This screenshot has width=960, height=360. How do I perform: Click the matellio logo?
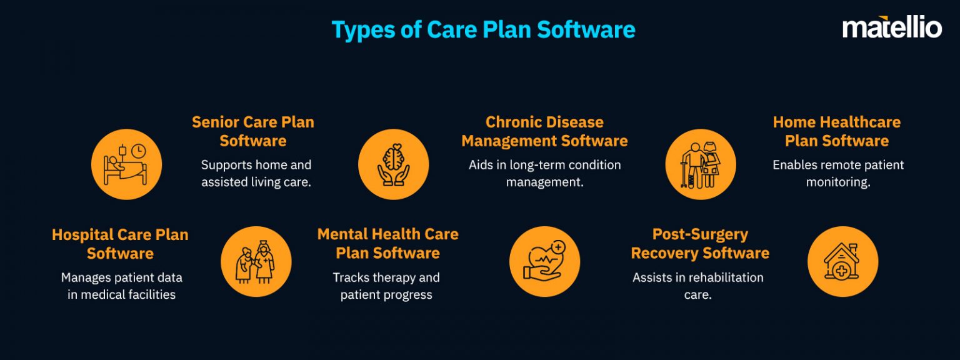892,27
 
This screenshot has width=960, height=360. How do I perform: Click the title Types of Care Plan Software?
483,29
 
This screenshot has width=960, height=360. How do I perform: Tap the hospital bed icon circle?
126,164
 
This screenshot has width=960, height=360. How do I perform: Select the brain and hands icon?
393,164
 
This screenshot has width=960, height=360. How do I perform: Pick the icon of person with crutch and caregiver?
700,164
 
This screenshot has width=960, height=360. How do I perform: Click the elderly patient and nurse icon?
256,261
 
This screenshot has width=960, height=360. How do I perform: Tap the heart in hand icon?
544,261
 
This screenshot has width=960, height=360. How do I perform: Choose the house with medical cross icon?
842,261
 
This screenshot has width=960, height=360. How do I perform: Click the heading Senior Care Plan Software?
253,131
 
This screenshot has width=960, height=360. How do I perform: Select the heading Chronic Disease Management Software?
544,131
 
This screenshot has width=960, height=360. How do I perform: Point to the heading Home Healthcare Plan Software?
837,131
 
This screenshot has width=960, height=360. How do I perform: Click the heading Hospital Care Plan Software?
120,244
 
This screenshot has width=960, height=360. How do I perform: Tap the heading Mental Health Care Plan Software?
387,244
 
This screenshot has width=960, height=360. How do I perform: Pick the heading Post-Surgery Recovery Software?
700,244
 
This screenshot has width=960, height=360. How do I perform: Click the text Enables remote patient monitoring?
838,174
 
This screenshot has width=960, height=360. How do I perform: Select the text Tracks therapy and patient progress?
386,286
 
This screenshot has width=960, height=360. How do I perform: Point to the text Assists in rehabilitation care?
698,286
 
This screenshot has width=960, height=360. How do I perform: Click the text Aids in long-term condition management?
544,174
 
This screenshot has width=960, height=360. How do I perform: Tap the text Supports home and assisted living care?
256,174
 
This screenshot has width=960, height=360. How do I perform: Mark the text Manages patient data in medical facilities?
121,286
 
